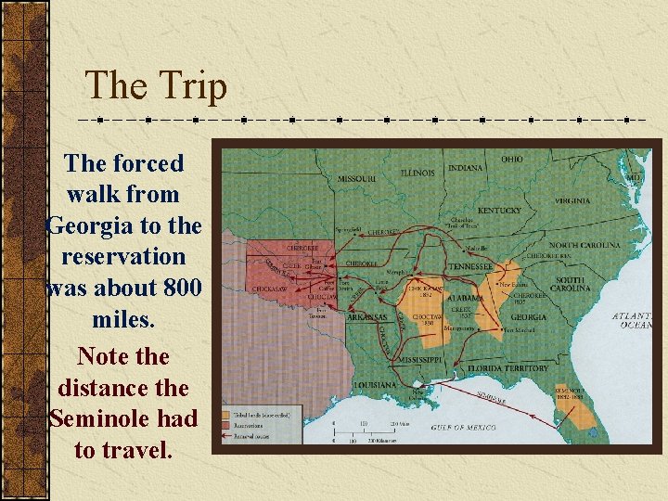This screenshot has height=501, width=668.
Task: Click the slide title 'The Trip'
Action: [156, 86]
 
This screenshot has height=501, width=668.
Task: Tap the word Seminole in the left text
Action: [122, 418]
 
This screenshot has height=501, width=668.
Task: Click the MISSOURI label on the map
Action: [356, 177]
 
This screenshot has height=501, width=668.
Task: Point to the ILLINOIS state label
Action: [418, 173]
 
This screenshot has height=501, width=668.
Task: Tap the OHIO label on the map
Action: [512, 159]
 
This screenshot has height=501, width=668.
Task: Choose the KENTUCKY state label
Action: [500, 211]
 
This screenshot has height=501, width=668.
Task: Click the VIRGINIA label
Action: [572, 200]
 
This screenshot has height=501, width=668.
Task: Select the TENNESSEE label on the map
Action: [471, 265]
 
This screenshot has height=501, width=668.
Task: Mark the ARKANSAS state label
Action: [367, 317]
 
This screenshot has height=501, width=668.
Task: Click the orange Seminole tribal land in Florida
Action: [579, 413]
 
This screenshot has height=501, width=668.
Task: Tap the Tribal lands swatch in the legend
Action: [228, 416]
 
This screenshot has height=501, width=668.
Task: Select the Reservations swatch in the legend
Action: [228, 424]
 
